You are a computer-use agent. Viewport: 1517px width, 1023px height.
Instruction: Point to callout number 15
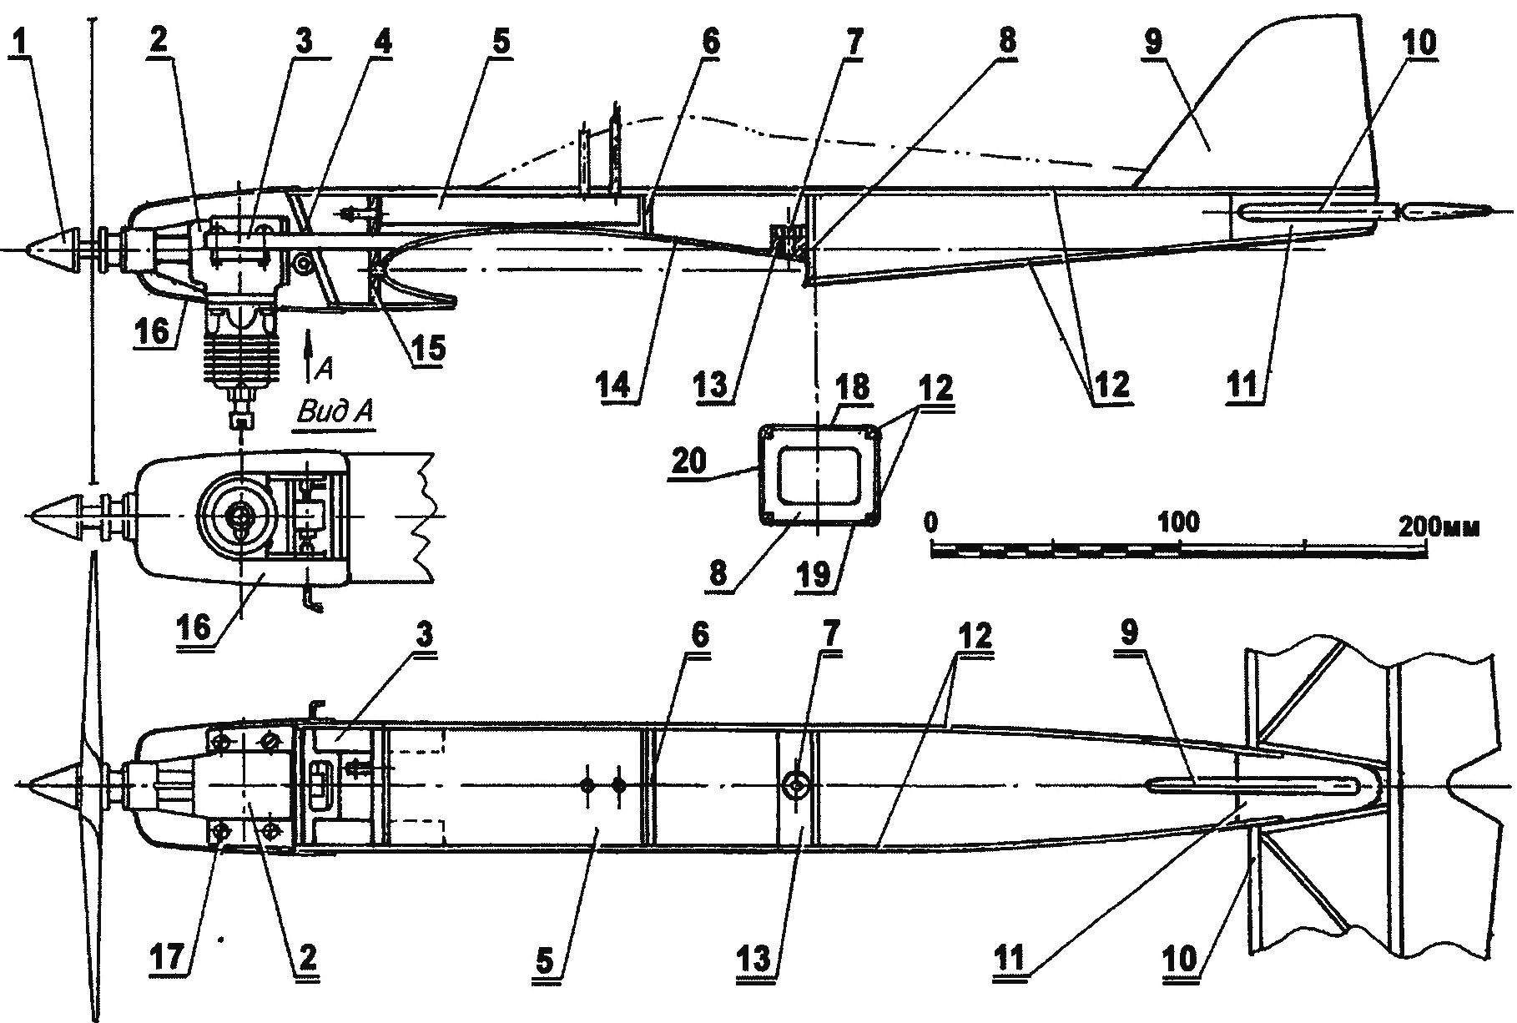point(427,348)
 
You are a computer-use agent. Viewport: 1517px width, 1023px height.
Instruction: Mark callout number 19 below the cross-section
point(813,577)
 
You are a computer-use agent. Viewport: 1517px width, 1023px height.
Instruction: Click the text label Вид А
point(335,411)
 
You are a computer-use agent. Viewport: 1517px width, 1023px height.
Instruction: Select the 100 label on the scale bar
point(1177,522)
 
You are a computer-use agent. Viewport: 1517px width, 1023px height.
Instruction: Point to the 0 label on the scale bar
point(932,522)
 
